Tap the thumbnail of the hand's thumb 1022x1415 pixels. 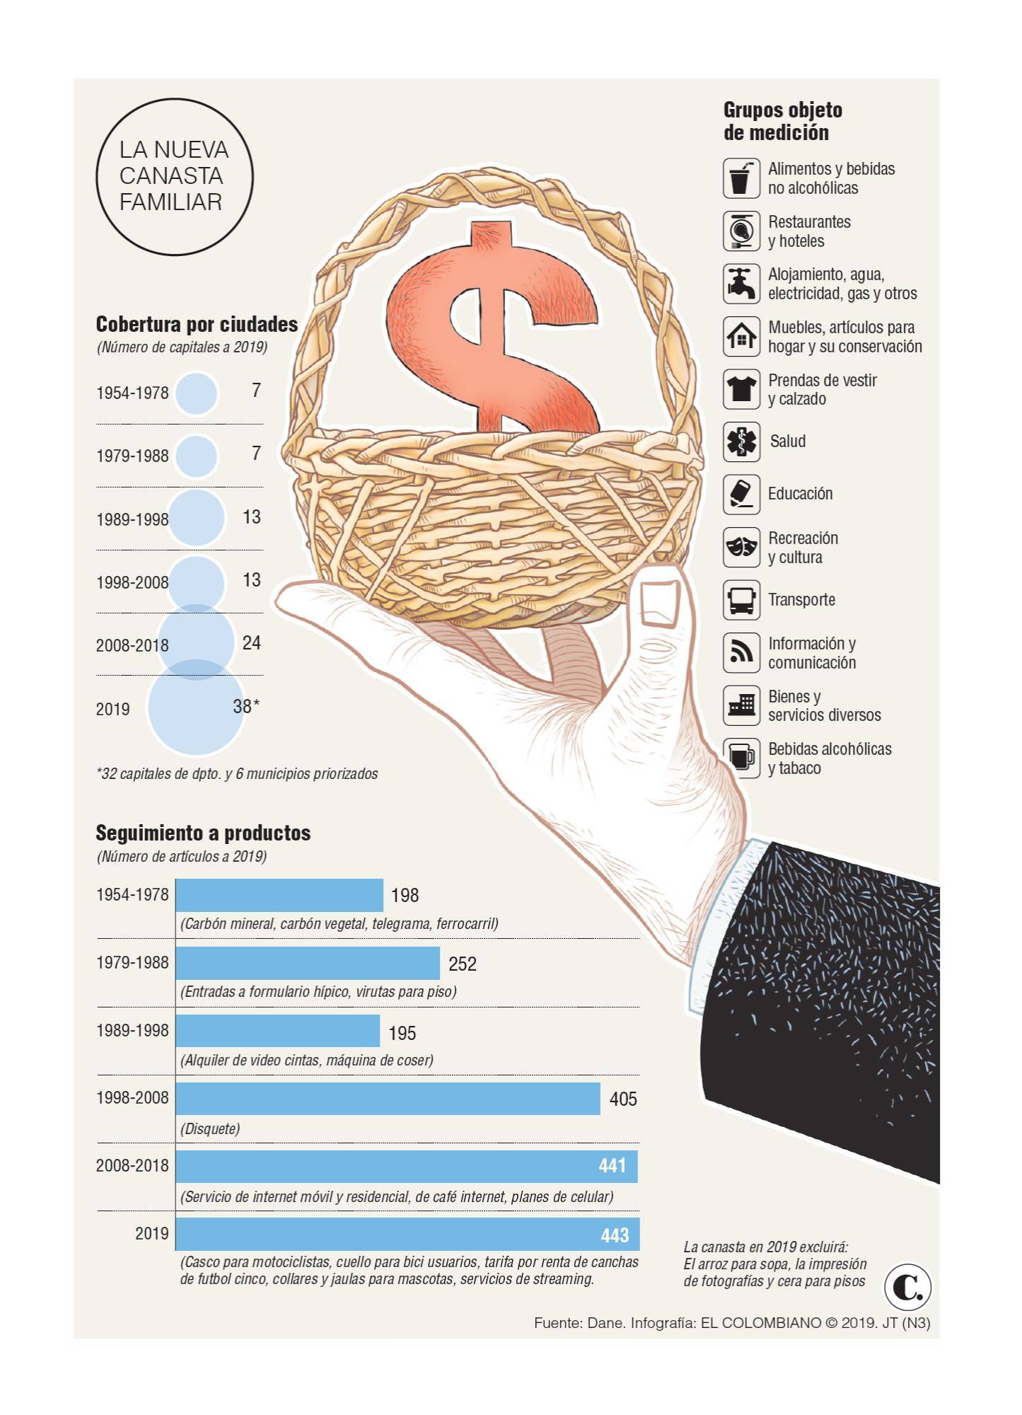659,602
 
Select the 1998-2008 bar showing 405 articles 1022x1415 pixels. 388,1099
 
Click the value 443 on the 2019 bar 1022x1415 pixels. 614,1235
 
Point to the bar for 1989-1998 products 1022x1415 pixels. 277,1031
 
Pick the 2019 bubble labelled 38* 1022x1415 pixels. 196,707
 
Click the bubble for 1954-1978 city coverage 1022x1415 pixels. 196,393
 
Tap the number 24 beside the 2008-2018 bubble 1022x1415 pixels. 251,643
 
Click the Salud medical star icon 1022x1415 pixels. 741,441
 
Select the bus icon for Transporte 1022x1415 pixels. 741,600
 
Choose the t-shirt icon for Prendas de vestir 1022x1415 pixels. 741,389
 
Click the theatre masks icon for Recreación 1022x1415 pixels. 741,547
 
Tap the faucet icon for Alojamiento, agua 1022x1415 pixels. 741,283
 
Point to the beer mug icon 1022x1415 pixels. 741,758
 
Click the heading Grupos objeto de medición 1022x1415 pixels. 782,121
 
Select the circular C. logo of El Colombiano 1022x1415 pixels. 907,1287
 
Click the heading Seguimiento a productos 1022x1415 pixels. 203,833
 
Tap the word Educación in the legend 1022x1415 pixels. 800,494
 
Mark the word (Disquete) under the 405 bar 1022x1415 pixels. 210,1128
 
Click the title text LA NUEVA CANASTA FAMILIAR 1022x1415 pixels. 174,176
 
